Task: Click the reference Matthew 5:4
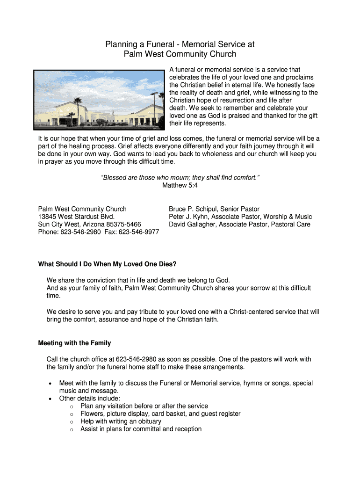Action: (x=180, y=185)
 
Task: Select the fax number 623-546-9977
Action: (x=139, y=232)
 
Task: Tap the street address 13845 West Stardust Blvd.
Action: (x=76, y=217)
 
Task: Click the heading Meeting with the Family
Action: (x=74, y=343)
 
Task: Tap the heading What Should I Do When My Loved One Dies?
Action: (x=107, y=264)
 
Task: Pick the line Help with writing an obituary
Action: (x=121, y=421)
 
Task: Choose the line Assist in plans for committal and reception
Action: (x=141, y=429)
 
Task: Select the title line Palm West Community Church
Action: (x=180, y=54)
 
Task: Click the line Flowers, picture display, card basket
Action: (x=160, y=414)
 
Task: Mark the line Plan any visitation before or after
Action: (x=144, y=406)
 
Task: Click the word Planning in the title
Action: (x=120, y=44)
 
